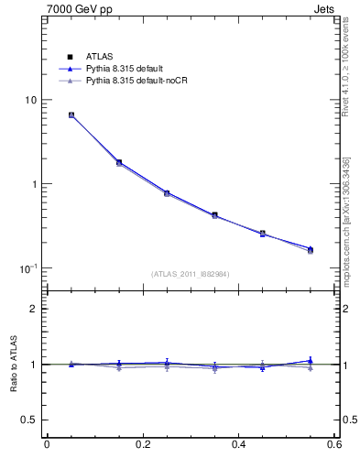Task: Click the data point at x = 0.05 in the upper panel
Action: click(71, 115)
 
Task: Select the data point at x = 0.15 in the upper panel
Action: click(119, 162)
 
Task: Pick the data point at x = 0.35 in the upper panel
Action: click(214, 215)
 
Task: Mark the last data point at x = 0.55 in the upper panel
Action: click(310, 249)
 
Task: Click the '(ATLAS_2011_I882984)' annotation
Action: click(190, 274)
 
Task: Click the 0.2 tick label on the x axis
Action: click(142, 445)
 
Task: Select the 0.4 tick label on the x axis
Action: click(238, 445)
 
